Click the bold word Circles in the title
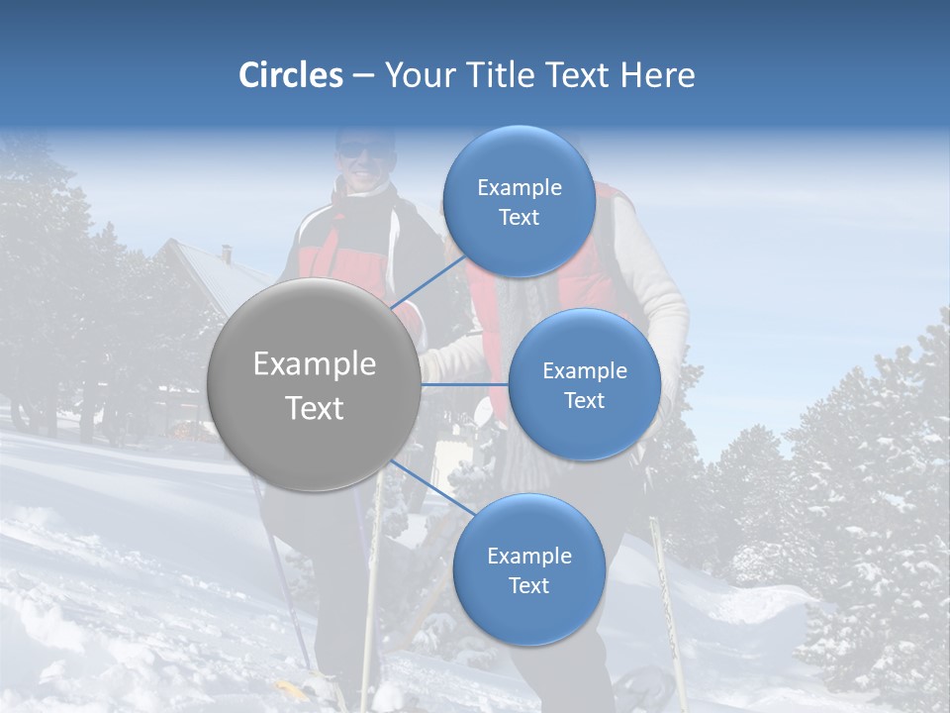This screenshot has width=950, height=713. [x=290, y=75]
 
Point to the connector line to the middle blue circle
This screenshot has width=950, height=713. [x=465, y=382]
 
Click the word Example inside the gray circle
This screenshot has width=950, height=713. [x=315, y=364]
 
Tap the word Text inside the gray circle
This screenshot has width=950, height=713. [x=315, y=407]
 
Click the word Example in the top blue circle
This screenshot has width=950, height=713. [x=520, y=187]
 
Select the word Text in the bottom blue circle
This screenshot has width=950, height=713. [x=528, y=585]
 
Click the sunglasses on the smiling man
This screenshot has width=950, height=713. [x=358, y=151]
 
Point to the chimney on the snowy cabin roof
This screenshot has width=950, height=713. [x=227, y=254]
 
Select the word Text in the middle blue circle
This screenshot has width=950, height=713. [x=584, y=400]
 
